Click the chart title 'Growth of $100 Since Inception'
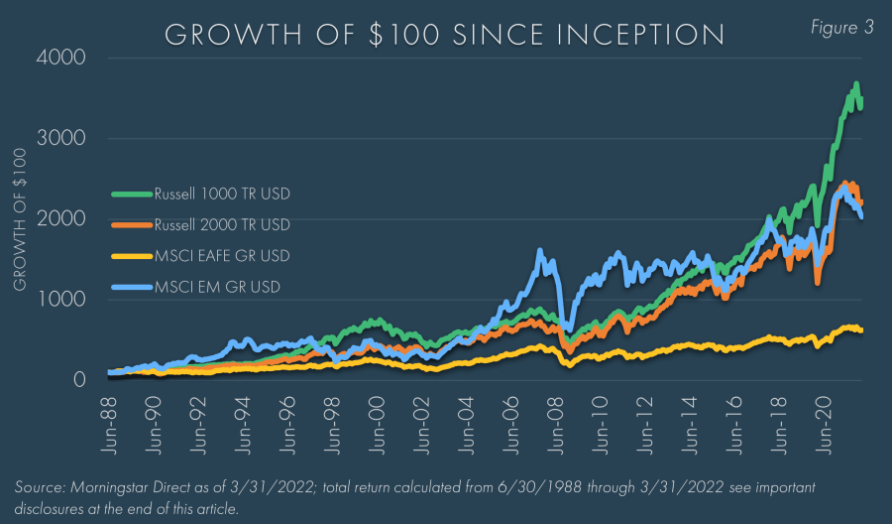444,35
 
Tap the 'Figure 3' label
841,28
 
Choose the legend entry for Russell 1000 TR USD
222,193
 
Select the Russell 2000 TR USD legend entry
222,223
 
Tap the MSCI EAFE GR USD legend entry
222,256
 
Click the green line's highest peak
856,83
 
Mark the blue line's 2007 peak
540,252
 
